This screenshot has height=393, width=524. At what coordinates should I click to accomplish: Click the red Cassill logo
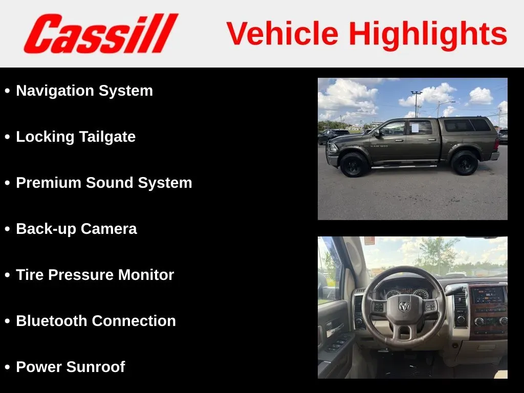coord(101,33)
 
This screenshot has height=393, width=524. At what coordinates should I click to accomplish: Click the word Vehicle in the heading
coord(282,33)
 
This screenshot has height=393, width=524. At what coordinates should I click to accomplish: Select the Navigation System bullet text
coord(84,91)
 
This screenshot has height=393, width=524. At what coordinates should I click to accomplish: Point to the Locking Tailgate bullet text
coord(76,137)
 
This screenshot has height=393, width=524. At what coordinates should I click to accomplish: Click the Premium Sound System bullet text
coord(104,183)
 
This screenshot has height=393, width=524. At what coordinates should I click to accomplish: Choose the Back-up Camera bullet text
coord(77,229)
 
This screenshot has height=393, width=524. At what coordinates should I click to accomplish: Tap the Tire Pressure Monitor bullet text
coord(95,275)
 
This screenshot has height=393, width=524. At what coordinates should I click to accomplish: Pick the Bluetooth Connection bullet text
coord(96,321)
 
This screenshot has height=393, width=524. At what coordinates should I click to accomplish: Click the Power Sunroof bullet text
coord(71,366)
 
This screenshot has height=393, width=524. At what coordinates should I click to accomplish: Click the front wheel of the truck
coord(354,164)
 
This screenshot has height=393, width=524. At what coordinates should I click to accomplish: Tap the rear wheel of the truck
coord(465,163)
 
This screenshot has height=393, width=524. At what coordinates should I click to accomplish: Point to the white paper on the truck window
coord(414,128)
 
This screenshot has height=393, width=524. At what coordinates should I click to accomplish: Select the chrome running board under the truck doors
coord(404,166)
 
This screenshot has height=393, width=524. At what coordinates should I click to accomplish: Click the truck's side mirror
coord(378,134)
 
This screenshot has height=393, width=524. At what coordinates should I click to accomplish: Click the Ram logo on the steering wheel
coord(404,306)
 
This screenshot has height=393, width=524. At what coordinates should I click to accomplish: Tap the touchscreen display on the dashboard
coord(488,295)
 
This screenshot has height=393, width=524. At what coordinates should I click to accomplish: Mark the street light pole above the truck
coord(417,104)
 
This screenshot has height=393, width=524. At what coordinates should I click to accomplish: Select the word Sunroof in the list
coord(96,366)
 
